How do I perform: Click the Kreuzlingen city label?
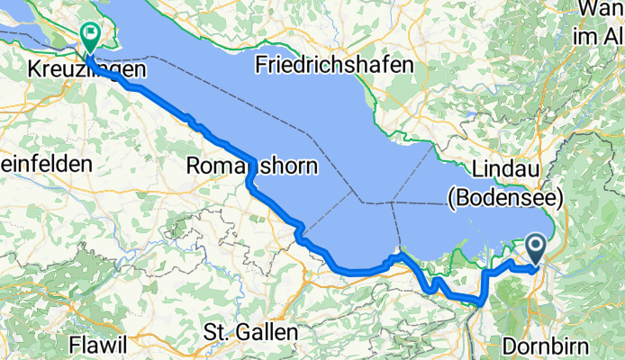tap(78, 68)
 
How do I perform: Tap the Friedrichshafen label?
tap(334, 65)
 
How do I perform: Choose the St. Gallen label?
tap(251, 331)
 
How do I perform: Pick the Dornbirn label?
tap(545, 346)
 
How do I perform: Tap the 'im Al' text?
tap(599, 36)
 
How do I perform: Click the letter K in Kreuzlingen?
tap(34, 68)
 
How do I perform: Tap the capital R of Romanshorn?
tap(193, 166)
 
